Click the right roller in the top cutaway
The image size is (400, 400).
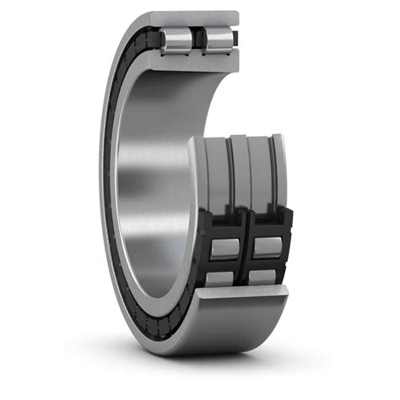point(218,39)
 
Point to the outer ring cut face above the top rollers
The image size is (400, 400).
point(198,19)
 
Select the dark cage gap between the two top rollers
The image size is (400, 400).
point(197,39)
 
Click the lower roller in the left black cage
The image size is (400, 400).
point(221,277)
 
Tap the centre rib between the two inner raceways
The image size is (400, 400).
point(240,173)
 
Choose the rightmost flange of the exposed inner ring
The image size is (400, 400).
point(278,169)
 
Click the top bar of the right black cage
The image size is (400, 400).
point(268,222)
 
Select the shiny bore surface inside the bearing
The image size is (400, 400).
point(152,169)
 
